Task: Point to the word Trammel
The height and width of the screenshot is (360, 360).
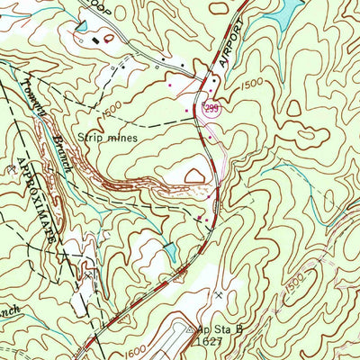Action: pyautogui.click(x=35, y=94)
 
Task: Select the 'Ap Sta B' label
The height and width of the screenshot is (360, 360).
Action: pyautogui.click(x=219, y=330)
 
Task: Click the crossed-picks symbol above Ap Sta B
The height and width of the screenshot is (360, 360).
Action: pyautogui.click(x=220, y=295)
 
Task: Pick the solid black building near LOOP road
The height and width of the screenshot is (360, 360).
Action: pyautogui.click(x=97, y=38)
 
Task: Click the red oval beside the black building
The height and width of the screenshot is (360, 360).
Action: pyautogui.click(x=110, y=38)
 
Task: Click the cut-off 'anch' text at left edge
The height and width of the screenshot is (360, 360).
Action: pyautogui.click(x=11, y=292)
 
